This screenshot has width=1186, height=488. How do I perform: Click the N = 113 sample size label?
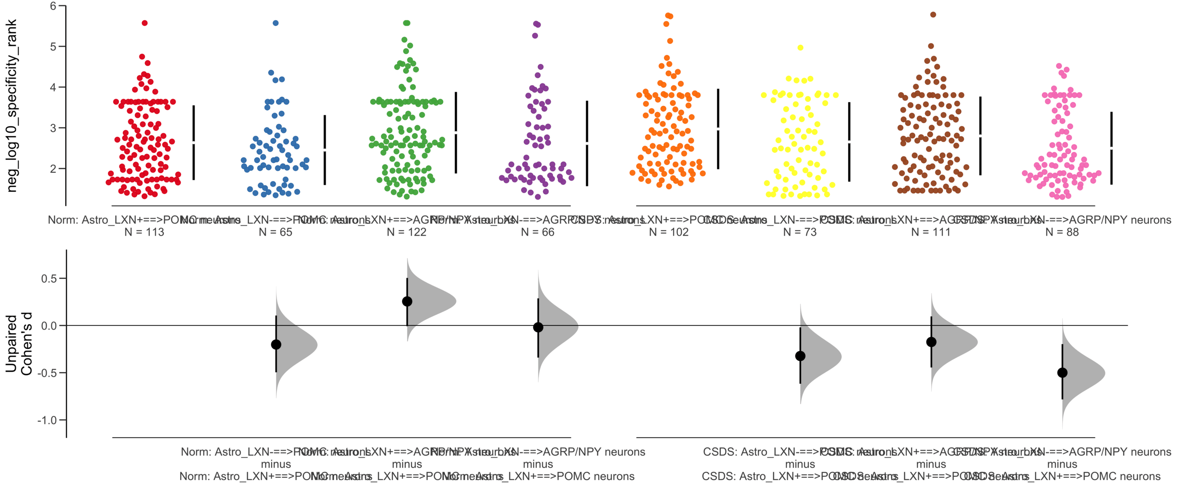(x=144, y=232)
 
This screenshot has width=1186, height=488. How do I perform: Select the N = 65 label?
(x=275, y=232)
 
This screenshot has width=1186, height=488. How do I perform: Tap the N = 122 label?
(x=406, y=232)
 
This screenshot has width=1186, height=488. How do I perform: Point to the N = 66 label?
(x=537, y=232)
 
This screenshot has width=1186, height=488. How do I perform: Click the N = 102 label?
(x=669, y=232)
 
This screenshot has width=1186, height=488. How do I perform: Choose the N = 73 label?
(x=800, y=232)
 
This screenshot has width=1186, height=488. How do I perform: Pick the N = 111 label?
(x=931, y=232)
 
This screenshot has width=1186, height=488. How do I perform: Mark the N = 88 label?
(x=1062, y=232)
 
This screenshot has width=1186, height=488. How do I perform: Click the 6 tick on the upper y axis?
(x=53, y=6)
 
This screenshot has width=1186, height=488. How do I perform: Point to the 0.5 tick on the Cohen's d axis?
(x=49, y=279)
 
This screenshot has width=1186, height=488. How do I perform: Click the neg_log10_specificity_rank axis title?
(x=12, y=106)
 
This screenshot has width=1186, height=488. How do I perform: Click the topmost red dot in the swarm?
(x=145, y=23)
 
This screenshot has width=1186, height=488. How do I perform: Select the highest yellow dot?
(x=800, y=48)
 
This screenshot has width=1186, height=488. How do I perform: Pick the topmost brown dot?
(x=933, y=15)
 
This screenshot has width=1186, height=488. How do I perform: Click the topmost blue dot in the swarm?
(x=276, y=23)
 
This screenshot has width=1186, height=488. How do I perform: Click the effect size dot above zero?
(x=407, y=301)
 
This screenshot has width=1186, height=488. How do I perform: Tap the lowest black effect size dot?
(x=1062, y=373)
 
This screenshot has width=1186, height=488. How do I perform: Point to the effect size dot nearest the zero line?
(x=538, y=327)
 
